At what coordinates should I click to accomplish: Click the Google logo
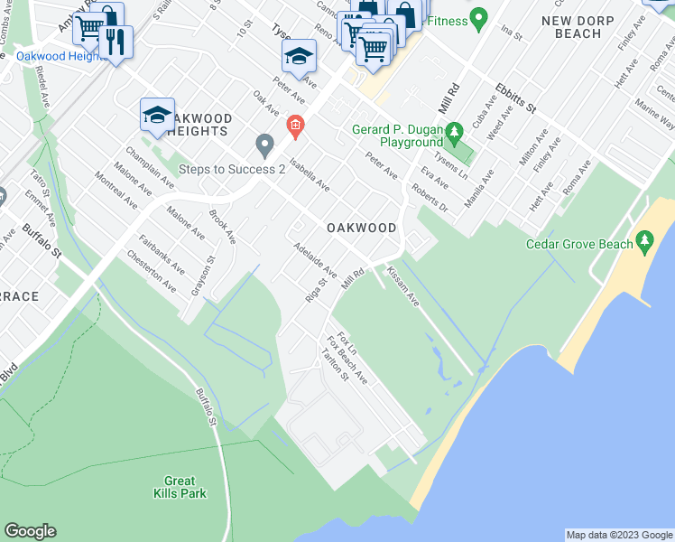30,531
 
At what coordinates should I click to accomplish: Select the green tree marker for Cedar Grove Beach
644,241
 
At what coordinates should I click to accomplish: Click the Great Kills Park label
185,487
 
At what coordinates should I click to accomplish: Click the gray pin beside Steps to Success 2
264,144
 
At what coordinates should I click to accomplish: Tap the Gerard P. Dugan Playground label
397,136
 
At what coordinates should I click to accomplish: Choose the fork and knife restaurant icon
115,42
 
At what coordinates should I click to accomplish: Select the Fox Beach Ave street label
347,361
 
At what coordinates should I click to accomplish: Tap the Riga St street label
314,293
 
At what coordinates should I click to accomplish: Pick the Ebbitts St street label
515,98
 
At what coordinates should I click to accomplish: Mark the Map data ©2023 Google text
619,535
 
